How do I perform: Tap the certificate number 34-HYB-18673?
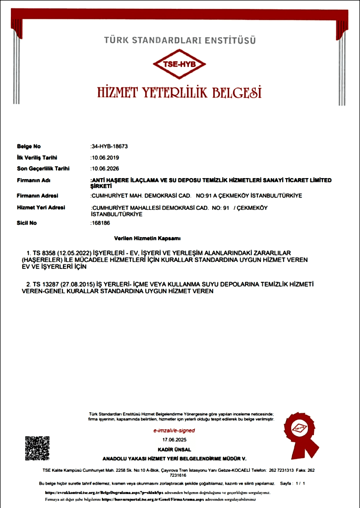pos(110,146)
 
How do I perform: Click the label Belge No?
pos(29,146)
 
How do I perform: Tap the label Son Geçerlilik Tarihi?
pos(43,168)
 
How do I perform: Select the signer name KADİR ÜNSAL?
pos(174,449)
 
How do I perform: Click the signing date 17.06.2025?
pos(174,440)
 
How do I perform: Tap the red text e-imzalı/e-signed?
pos(174,431)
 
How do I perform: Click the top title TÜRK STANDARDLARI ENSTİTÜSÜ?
pos(180,39)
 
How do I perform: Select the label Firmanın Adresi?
pos(38,195)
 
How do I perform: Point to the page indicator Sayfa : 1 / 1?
pos(293,483)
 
